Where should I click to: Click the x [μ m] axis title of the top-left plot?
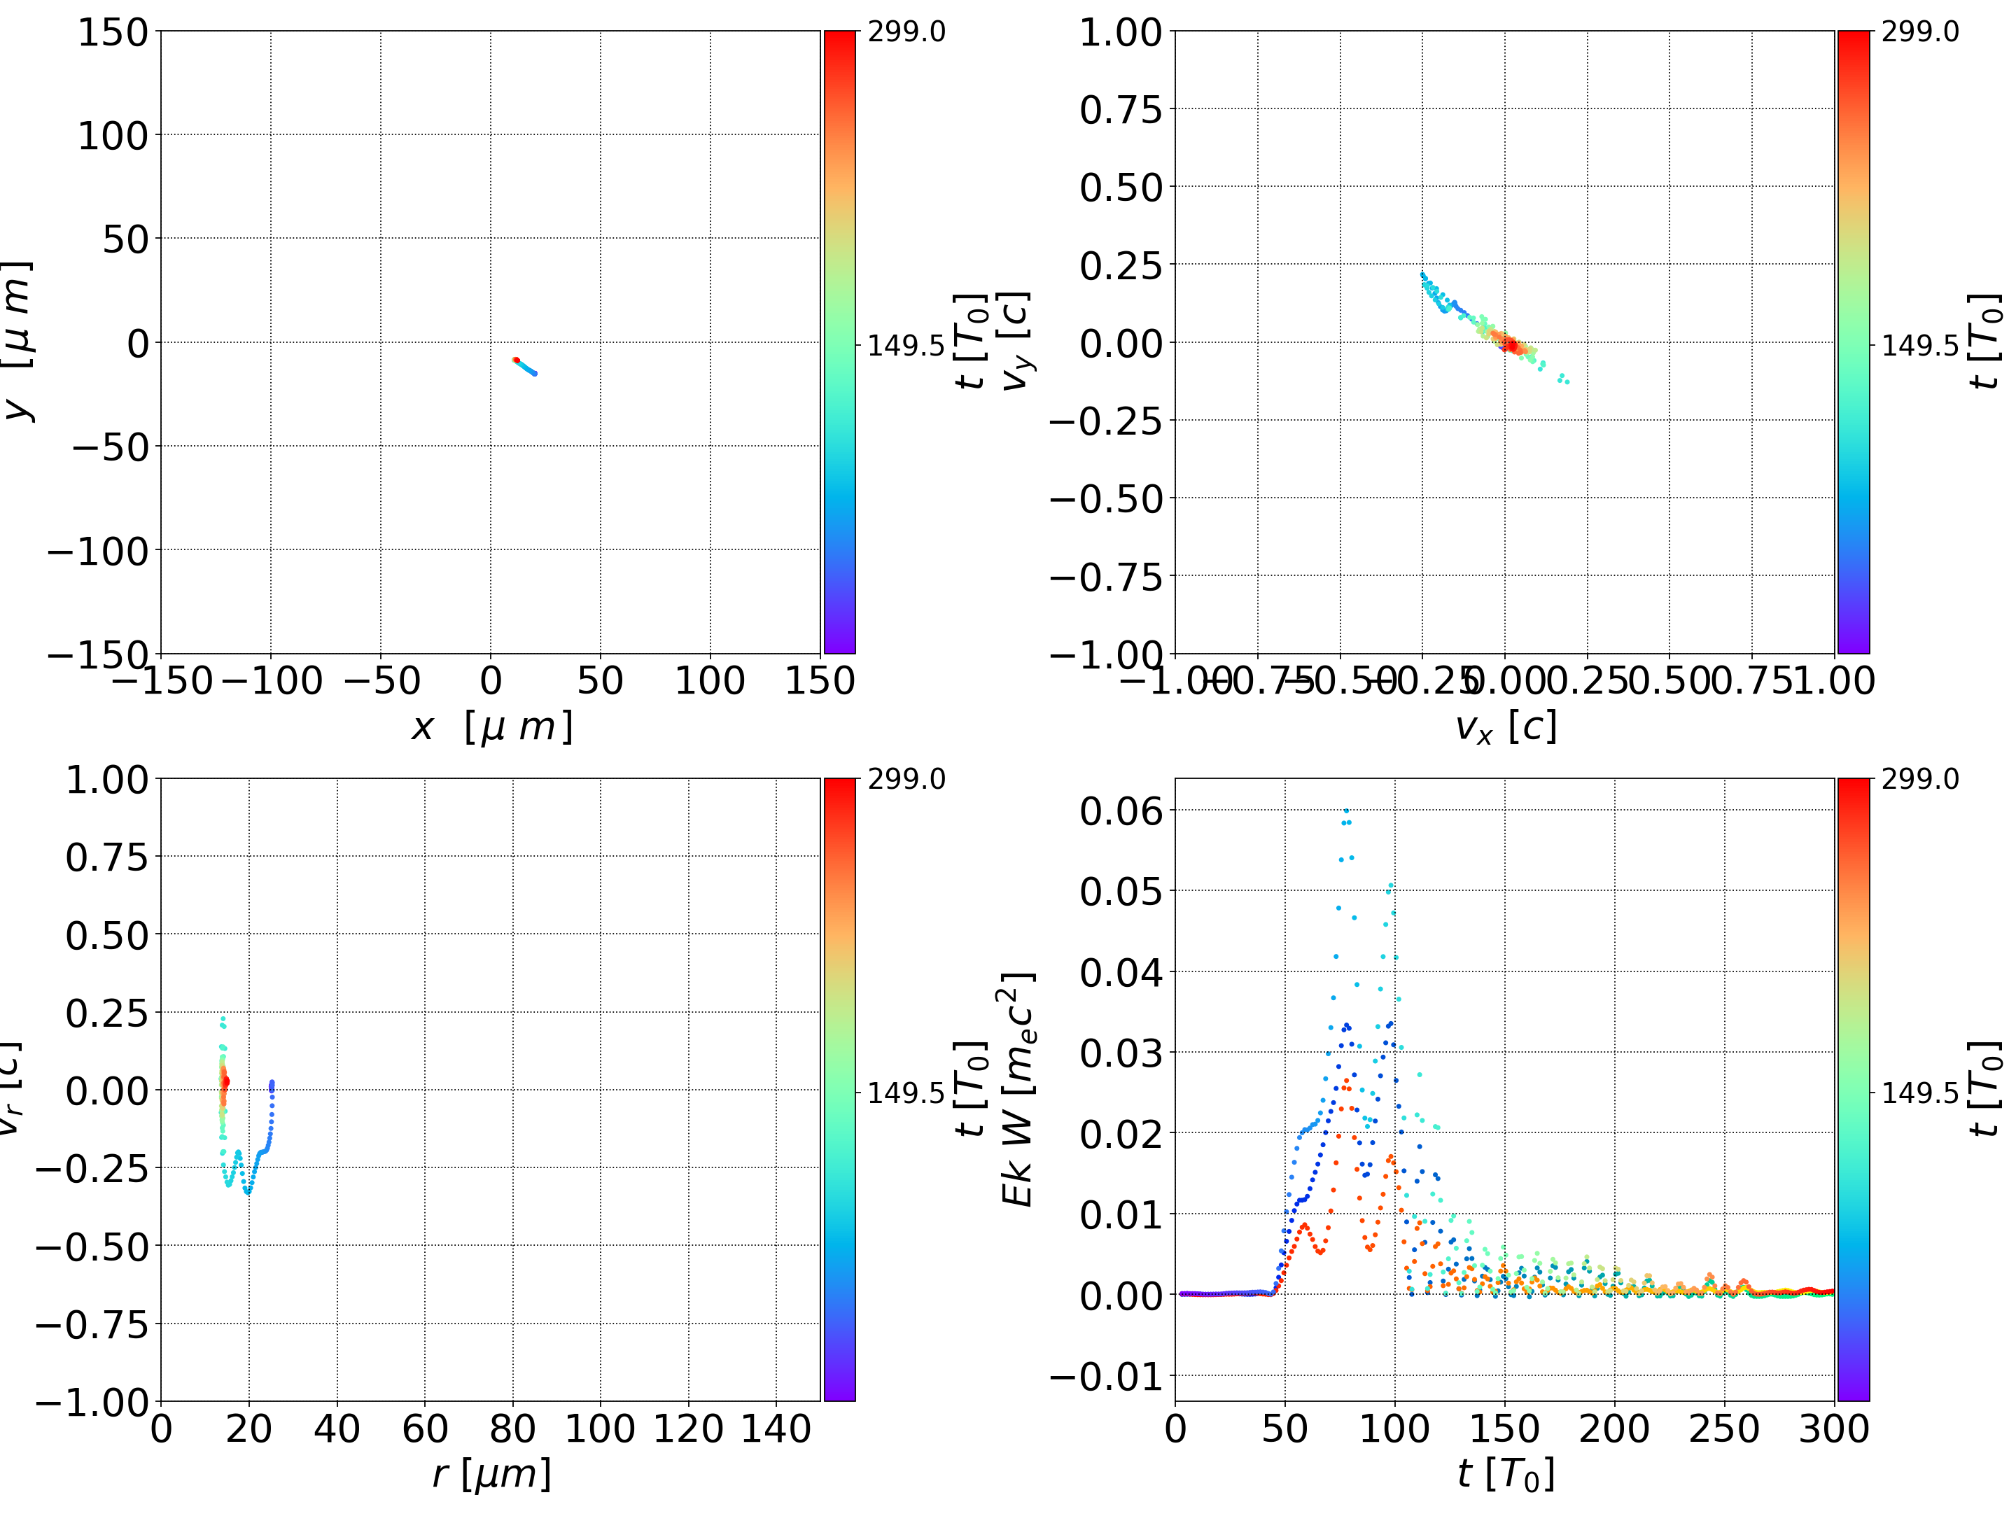(491, 727)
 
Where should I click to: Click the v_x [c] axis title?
(1506, 727)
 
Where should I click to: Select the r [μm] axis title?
(491, 1474)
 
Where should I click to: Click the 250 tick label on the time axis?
(1724, 1429)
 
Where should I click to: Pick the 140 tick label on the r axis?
(776, 1429)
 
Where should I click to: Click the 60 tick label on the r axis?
(425, 1429)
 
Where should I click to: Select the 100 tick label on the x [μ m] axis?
(710, 682)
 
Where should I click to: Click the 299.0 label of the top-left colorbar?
(906, 32)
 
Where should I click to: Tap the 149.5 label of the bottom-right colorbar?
(1919, 1092)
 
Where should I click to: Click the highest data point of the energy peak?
(1346, 810)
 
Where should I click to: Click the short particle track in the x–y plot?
(525, 366)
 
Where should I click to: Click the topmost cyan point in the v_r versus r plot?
(223, 1019)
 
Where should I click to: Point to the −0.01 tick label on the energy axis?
(1107, 1376)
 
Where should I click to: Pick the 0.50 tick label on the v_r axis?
(106, 935)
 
